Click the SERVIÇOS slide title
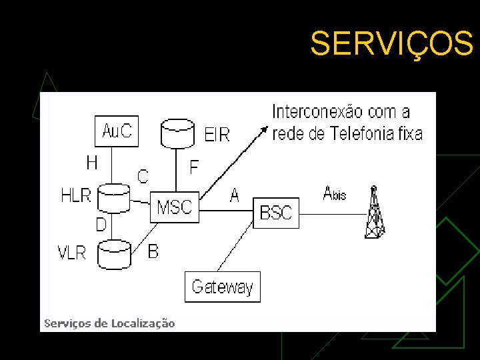pyautogui.click(x=391, y=44)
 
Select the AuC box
pyautogui.click(x=117, y=131)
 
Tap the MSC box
pyautogui.click(x=175, y=207)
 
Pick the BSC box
pyautogui.click(x=276, y=213)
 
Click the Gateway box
pyautogui.click(x=222, y=287)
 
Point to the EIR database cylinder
pyautogui.click(x=178, y=133)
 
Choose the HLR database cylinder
pyautogui.click(x=113, y=198)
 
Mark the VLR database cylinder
pyautogui.click(x=114, y=254)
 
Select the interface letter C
pyautogui.click(x=143, y=176)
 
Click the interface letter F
pyautogui.click(x=194, y=167)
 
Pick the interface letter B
pyautogui.click(x=153, y=251)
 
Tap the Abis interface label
pyautogui.click(x=334, y=193)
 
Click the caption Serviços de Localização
pyautogui.click(x=109, y=323)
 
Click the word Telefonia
pyautogui.click(x=360, y=133)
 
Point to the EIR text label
pyautogui.click(x=217, y=135)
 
